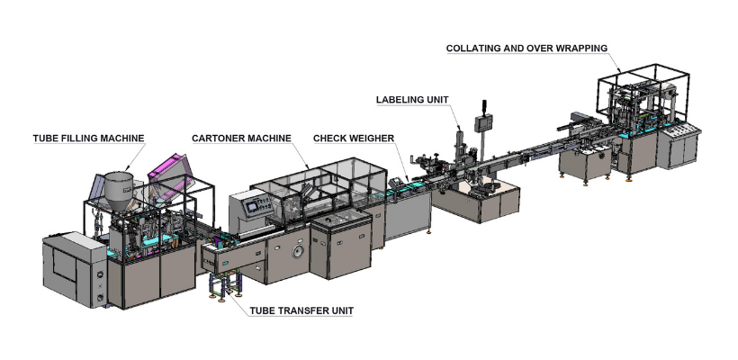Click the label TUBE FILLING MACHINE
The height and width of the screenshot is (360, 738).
tap(88, 138)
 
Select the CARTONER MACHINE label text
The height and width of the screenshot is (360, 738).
tap(240, 138)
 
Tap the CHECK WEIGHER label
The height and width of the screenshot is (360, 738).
tap(350, 138)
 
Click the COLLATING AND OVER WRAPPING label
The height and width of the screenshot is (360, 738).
tap(526, 48)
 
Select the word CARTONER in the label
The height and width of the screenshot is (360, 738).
tap(220, 138)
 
